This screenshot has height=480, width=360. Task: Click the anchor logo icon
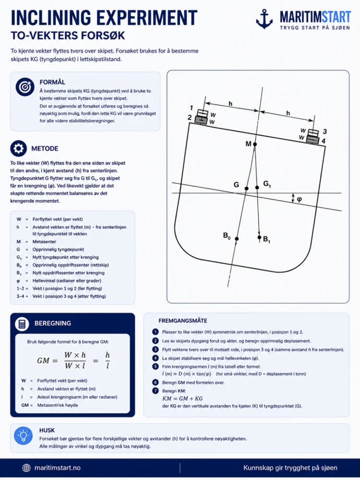coord(264,19)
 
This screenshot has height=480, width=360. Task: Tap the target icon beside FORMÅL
coord(25,87)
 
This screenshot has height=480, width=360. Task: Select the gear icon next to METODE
coord(19,148)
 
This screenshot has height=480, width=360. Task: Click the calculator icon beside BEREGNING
coord(22,324)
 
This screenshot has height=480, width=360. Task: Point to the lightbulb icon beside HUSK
coord(23,436)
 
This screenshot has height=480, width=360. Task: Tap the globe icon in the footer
coord(26,468)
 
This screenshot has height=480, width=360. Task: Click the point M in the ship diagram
coord(255,144)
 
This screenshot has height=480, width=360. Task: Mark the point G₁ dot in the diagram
coord(257,187)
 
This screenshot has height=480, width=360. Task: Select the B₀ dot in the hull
coord(237,239)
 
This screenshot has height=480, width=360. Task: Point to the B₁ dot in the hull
coord(259,237)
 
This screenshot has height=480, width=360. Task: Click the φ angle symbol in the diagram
coord(300,199)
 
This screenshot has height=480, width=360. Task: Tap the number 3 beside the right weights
coord(325,132)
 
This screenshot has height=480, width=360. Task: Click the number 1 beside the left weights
coord(192,108)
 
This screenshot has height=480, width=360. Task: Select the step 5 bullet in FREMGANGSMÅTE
coord(155,366)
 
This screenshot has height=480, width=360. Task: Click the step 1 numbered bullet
coord(155,332)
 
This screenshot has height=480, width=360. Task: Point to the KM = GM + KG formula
coord(182,398)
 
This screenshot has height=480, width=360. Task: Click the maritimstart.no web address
coord(58,468)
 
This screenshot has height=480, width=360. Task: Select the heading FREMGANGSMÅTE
coord(183,321)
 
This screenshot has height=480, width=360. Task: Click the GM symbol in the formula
coord(43,360)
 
